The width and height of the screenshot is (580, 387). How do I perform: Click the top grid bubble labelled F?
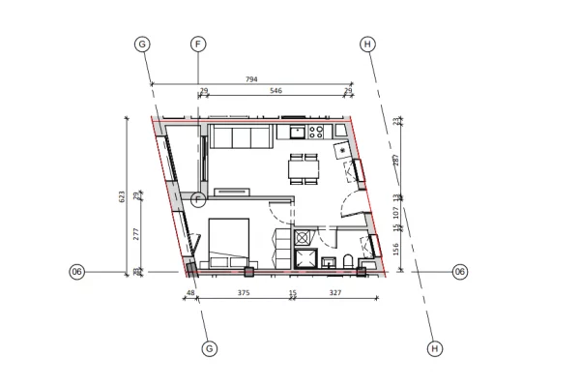(x=198, y=45)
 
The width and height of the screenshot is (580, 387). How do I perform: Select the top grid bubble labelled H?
(x=366, y=45)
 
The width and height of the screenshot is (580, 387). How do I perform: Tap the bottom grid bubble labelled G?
(x=210, y=347)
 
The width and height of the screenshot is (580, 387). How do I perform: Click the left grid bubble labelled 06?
(x=77, y=272)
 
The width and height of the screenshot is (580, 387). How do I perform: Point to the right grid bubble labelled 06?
(x=460, y=272)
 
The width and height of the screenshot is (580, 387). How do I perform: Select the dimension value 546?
(x=275, y=91)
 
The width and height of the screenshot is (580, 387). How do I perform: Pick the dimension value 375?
(x=245, y=291)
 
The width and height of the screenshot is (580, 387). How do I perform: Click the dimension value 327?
(x=335, y=291)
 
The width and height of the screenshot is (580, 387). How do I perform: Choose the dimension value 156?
(x=396, y=249)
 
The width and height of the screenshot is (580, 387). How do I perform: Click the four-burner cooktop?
(x=316, y=132)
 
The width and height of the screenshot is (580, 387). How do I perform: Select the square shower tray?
(x=307, y=258)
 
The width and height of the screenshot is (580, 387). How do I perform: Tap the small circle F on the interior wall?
(x=198, y=200)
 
